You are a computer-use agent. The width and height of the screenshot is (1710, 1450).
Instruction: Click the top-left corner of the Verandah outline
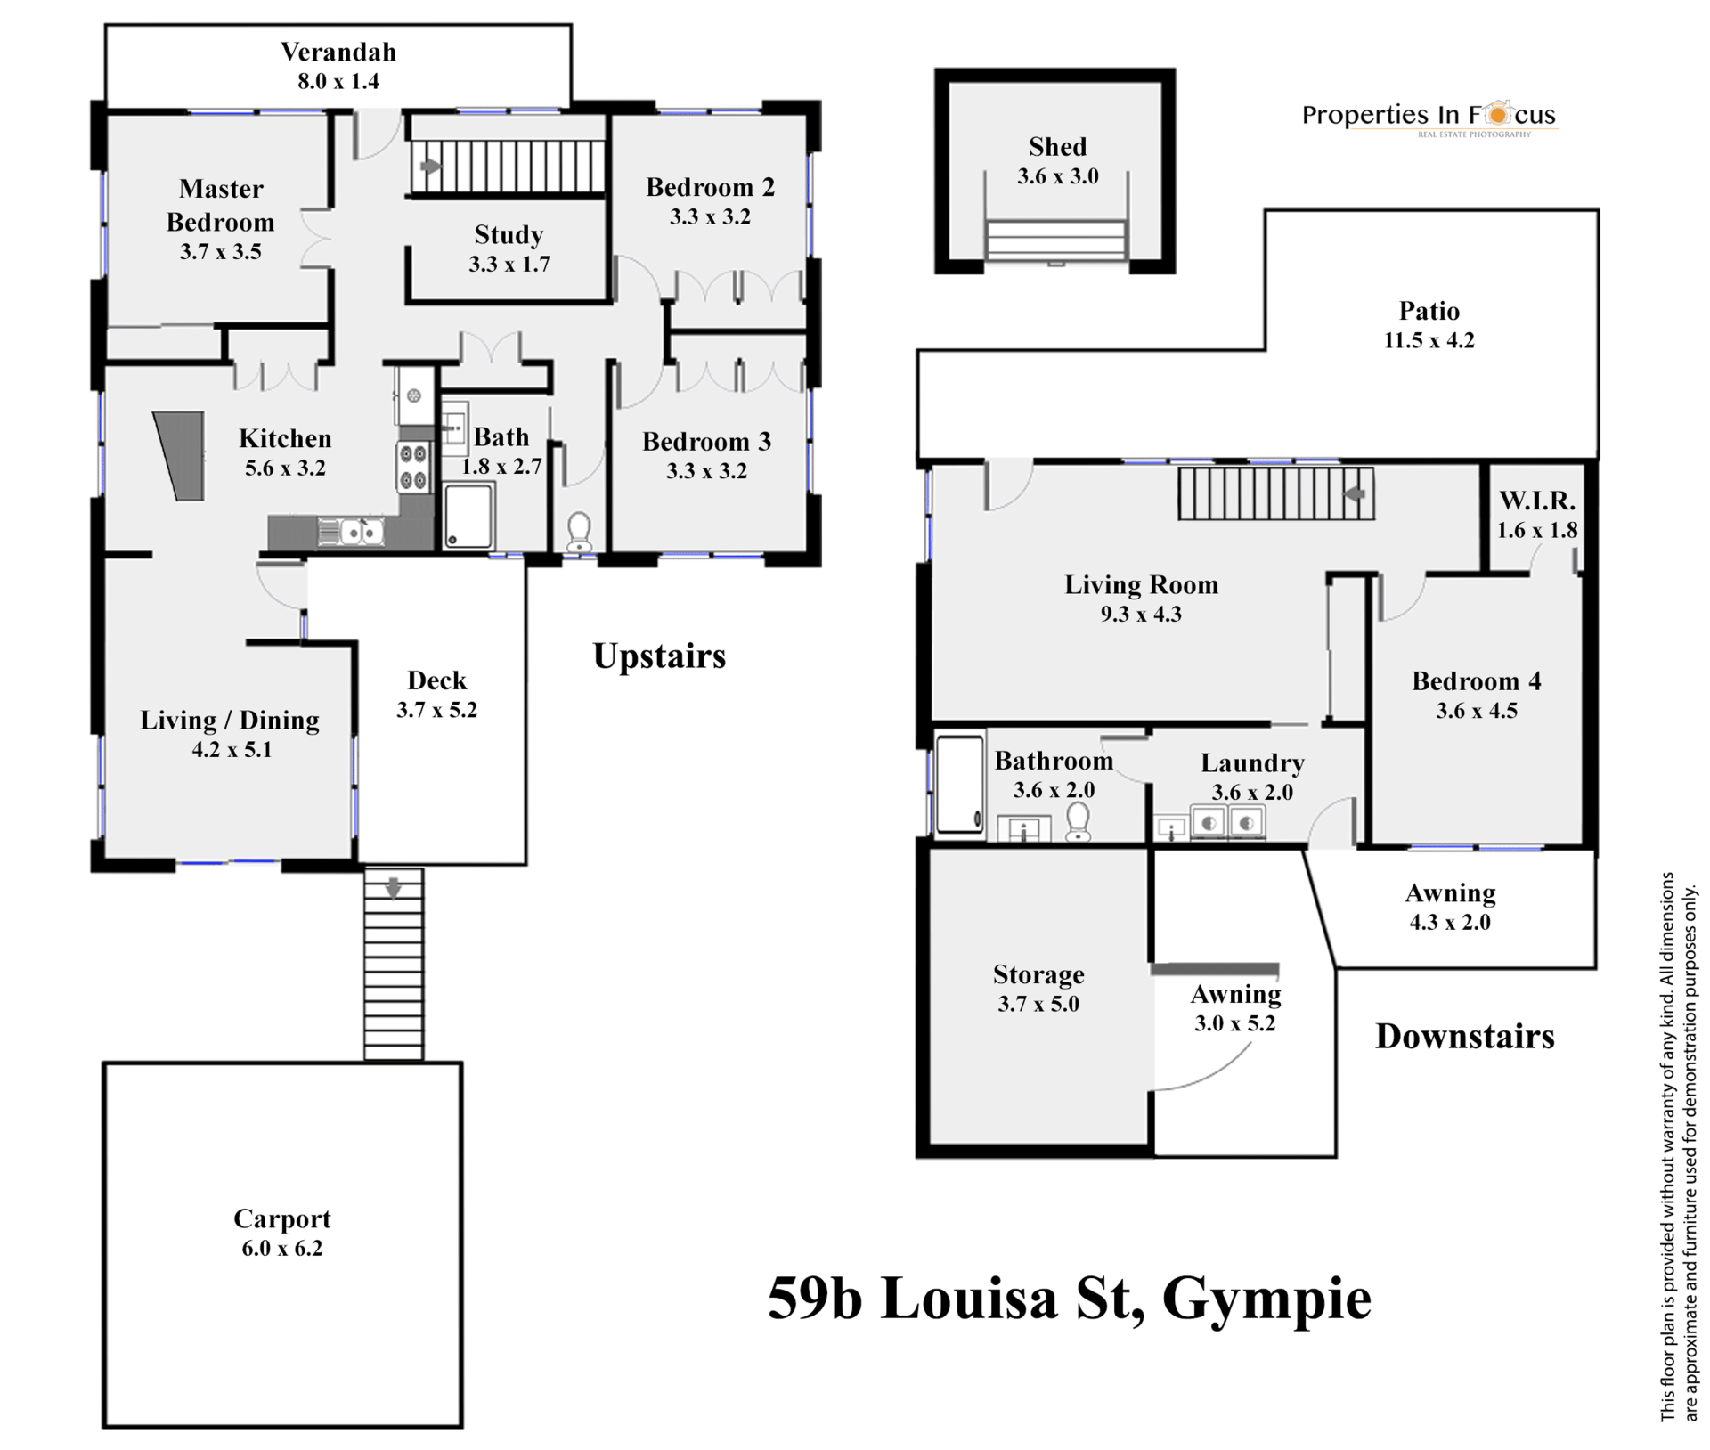106,25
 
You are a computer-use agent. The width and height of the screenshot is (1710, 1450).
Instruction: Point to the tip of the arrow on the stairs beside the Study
442,167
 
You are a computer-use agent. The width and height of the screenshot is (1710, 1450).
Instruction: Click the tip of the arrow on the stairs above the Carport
393,898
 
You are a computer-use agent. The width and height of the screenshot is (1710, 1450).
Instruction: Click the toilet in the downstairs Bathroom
1079,822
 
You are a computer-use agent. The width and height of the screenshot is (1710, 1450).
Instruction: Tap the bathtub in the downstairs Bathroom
960,784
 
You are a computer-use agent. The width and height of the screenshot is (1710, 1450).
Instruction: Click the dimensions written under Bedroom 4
1476,711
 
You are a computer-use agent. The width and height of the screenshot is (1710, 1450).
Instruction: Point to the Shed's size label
1057,176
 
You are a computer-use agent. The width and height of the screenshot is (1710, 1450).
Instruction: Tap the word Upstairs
659,657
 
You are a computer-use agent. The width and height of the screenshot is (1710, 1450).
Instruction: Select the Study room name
509,235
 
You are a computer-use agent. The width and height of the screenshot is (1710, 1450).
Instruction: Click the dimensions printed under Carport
281,1248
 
